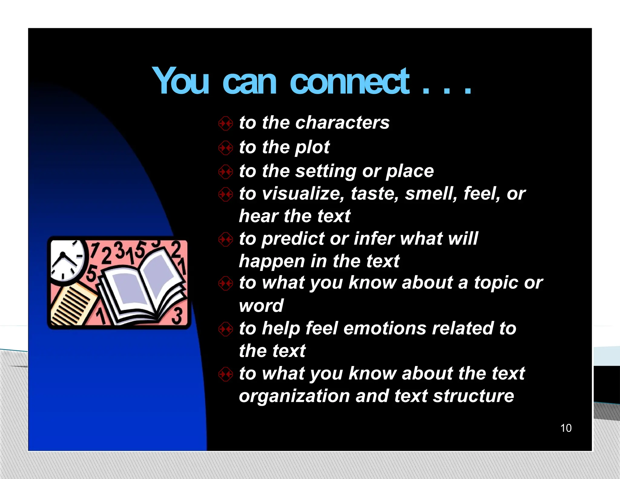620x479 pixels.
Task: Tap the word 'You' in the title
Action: click(x=181, y=81)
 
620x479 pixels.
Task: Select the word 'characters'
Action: click(x=342, y=123)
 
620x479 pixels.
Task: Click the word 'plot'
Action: click(x=312, y=147)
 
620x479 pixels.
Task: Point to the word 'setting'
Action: click(x=326, y=171)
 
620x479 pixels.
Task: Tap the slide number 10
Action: click(x=566, y=428)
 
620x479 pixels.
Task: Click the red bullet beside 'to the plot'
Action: click(x=226, y=148)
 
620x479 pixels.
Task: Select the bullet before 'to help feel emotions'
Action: click(x=226, y=329)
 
